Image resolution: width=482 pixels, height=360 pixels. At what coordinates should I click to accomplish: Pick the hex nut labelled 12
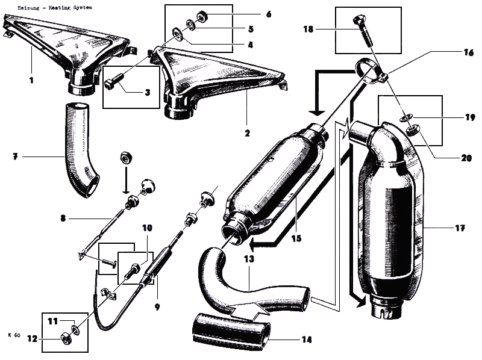click(x=65, y=341)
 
